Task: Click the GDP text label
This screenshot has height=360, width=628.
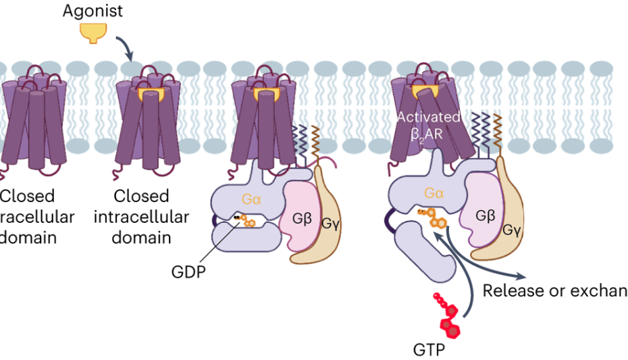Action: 188,272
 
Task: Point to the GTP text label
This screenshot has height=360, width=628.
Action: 429,350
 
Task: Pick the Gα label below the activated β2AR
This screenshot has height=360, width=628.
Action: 434,194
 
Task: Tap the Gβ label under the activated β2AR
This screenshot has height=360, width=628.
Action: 486,216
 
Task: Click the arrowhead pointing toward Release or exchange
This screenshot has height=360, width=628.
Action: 520,276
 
